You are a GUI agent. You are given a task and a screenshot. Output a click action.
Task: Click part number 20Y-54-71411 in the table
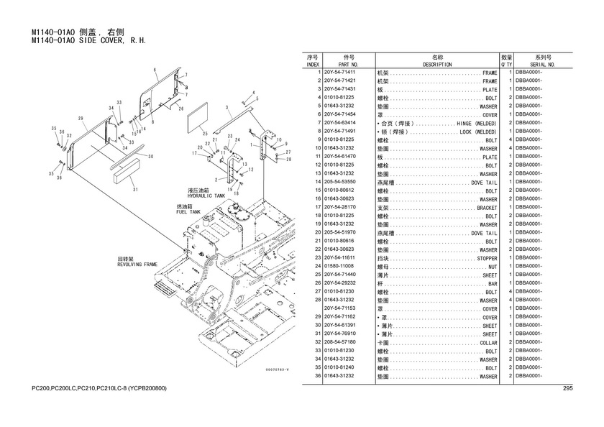click(339, 73)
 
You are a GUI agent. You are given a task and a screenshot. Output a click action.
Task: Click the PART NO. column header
click(349, 64)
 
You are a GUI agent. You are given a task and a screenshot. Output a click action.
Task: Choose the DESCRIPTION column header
click(437, 64)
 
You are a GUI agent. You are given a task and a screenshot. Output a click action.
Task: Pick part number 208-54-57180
click(340, 342)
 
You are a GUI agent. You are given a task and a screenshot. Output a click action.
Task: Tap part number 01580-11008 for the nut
click(339, 267)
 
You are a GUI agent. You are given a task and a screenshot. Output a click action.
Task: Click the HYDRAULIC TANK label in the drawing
click(206, 195)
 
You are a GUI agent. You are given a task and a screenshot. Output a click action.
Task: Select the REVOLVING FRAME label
click(137, 264)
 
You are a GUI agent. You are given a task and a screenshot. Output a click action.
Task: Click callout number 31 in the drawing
click(135, 190)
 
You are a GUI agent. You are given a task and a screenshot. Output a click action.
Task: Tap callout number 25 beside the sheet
click(205, 133)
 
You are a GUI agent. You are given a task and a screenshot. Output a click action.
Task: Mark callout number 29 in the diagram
click(81, 118)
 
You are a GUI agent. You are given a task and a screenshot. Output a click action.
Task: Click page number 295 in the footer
click(567, 389)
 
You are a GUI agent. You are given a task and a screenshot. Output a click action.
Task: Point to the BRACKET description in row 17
click(486, 208)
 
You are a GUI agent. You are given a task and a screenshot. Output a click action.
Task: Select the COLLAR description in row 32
click(488, 343)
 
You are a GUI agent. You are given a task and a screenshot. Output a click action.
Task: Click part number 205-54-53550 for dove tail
click(340, 182)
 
